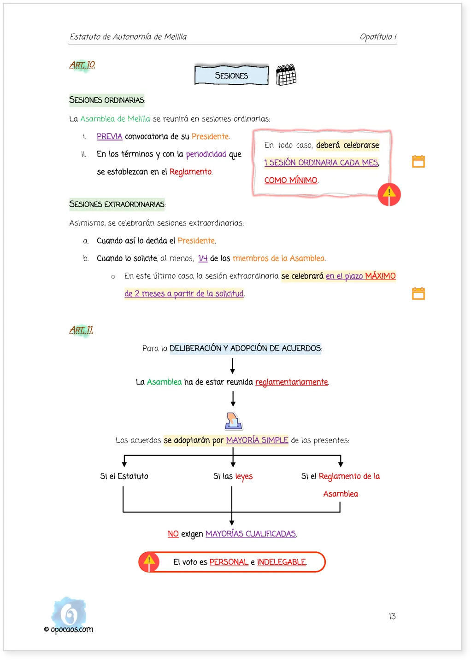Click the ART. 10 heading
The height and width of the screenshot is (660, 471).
click(82, 64)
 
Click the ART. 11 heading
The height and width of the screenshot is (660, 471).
click(82, 330)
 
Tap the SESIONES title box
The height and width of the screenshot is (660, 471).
click(231, 76)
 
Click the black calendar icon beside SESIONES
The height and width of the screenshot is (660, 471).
click(286, 75)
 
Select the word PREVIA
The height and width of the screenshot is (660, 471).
click(109, 136)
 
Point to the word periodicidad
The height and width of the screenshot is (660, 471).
click(206, 154)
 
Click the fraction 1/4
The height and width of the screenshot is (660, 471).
click(203, 258)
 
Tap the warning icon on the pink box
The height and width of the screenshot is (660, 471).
click(389, 194)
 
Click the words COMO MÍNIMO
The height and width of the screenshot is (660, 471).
click(291, 180)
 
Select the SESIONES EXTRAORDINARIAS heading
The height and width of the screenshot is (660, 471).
click(118, 204)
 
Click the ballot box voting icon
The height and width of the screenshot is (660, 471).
click(234, 421)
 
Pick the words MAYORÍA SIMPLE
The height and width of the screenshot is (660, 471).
click(257, 440)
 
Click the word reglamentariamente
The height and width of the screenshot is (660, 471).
click(292, 382)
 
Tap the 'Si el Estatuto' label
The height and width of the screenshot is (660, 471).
click(124, 476)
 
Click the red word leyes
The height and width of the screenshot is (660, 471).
click(244, 476)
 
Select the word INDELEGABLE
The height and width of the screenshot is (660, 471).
click(282, 562)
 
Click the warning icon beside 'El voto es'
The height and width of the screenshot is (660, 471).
click(149, 562)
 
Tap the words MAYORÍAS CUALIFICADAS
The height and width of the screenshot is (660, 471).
click(251, 534)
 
